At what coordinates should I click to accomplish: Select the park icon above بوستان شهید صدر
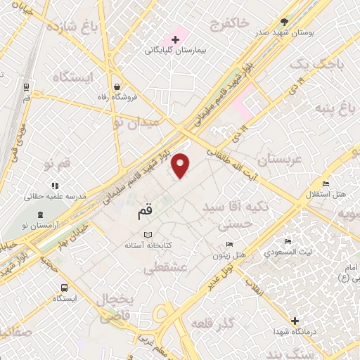[284, 22]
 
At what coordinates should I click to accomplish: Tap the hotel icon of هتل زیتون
[230, 245]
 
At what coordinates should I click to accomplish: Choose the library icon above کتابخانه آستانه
[147, 235]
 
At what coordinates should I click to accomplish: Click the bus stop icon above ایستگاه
[65, 288]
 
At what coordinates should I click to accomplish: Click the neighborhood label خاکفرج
[230, 24]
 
